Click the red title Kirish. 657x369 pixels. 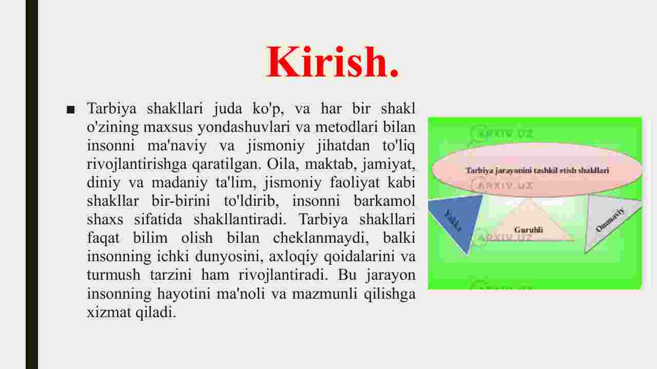point(332,62)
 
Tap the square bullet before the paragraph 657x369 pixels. point(71,110)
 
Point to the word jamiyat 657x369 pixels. point(389,164)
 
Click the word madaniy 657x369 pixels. point(180,182)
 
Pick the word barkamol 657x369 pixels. point(384,201)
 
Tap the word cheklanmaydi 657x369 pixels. point(321,238)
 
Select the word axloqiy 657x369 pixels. point(293,257)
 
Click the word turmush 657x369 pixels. point(113,275)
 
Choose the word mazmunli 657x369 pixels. point(324,294)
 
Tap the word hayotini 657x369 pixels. point(184,294)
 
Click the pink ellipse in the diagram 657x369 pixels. point(537,170)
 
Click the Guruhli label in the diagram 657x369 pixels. point(529,230)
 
